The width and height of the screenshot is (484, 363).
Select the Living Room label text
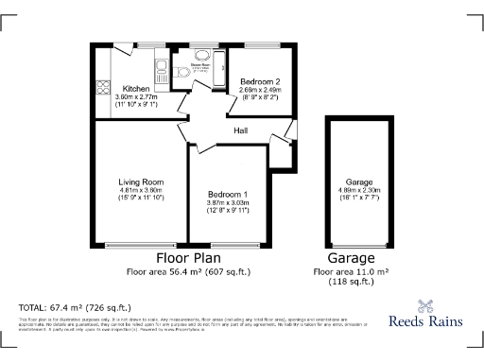tap(142, 181)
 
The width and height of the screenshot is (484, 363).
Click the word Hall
tap(242, 132)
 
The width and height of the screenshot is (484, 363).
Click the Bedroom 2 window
tap(261, 44)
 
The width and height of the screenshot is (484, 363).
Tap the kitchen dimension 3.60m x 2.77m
tap(137, 95)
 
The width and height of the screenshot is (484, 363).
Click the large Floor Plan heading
tap(188, 257)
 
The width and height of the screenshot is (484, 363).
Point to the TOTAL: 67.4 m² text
tap(75, 307)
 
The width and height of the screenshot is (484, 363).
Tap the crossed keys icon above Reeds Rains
tap(426, 305)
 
